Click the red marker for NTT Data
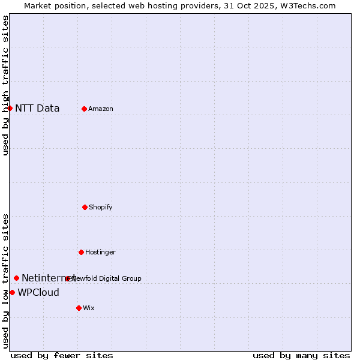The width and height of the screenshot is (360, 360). [10, 108]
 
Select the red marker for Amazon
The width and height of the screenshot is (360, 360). [84, 109]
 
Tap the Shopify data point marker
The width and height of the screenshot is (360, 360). [85, 207]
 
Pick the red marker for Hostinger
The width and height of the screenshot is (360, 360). [81, 252]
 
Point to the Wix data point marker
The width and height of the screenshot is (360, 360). [79, 308]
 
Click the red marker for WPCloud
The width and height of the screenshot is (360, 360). [12, 292]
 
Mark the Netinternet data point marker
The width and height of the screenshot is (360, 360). [16, 278]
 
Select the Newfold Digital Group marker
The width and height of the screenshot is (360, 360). [67, 278]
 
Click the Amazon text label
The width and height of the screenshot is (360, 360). [101, 109]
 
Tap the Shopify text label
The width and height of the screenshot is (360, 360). [101, 207]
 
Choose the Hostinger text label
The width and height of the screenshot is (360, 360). [100, 252]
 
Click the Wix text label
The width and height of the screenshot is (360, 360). [89, 308]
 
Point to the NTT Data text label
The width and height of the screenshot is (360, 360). [37, 108]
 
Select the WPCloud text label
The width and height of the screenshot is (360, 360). [38, 292]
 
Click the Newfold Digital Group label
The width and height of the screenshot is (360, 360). [107, 278]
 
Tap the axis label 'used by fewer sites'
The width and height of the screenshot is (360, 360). [62, 355]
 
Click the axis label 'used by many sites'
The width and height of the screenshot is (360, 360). [301, 355]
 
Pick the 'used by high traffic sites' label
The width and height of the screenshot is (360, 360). [5, 86]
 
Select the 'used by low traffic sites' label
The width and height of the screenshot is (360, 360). [5, 281]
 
